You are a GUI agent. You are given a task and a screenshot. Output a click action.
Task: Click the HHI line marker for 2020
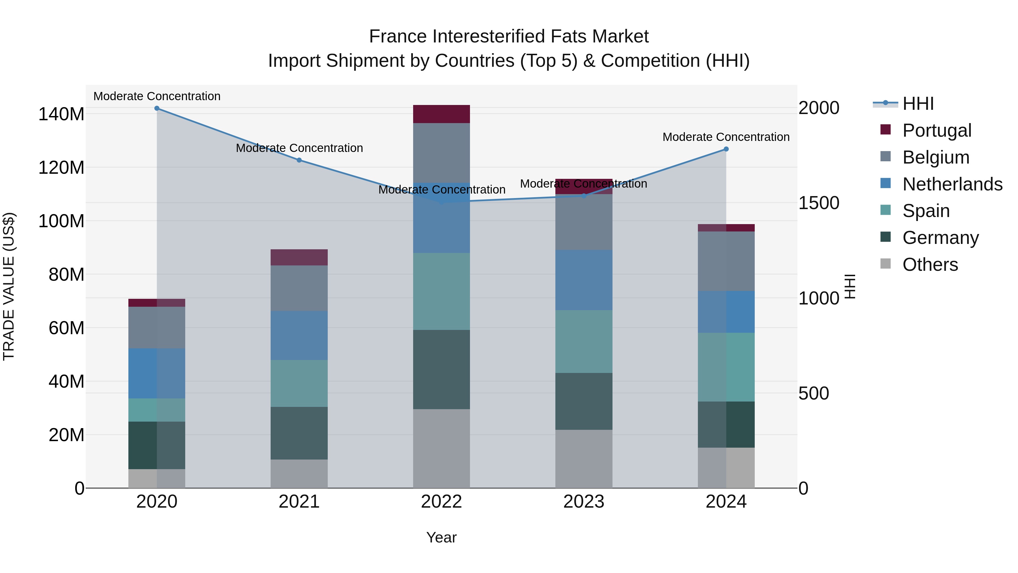[157, 108]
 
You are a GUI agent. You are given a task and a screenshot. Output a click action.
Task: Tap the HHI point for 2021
[299, 160]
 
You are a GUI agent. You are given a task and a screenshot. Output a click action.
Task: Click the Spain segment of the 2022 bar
[441, 291]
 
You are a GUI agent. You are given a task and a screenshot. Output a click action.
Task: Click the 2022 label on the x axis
[441, 502]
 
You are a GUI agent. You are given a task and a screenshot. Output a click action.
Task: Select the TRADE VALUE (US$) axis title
[9, 286]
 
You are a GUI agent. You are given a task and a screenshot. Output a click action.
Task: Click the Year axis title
[441, 537]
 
